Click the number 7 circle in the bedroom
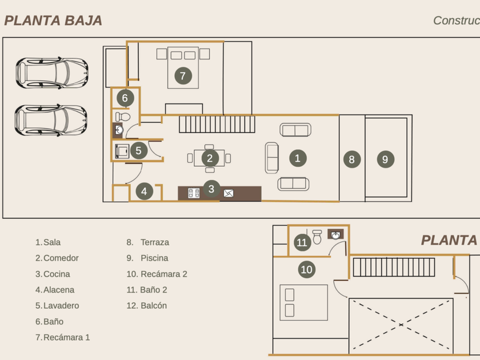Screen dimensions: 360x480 point(183,75)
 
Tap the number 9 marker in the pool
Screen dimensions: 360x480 point(385,159)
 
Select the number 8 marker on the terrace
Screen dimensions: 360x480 point(352,159)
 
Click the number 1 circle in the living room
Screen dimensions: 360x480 point(297,158)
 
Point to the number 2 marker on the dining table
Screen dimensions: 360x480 point(210,158)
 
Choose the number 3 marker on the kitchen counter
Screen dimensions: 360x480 point(211,189)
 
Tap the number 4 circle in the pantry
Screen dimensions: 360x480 point(145,191)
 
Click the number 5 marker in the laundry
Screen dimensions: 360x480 point(138,151)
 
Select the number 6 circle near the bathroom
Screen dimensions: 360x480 point(125,98)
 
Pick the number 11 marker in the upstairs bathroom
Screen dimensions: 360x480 point(302,242)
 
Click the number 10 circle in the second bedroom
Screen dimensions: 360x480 point(307,269)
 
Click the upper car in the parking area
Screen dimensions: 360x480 point(51,73)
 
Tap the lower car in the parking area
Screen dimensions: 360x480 point(51,120)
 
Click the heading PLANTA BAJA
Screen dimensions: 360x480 point(53,21)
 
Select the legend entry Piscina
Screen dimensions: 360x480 point(154,258)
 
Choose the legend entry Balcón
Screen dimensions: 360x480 point(154,306)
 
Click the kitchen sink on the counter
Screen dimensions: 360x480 point(229,193)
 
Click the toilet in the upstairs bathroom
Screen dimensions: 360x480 point(318,237)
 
